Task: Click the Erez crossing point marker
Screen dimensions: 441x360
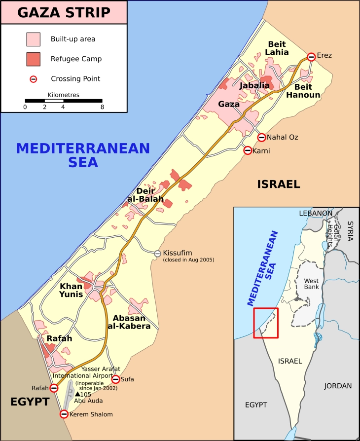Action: pos(311,57)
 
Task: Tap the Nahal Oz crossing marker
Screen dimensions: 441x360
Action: pos(261,137)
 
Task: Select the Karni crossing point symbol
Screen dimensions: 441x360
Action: pos(248,150)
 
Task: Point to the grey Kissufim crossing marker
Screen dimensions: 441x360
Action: pos(158,254)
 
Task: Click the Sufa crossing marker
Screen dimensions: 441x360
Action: pos(115,379)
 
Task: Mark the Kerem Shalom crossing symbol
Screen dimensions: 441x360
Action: pos(64,414)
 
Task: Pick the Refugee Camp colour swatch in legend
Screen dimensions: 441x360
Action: pos(34,59)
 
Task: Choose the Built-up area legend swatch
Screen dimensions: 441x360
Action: pos(34,38)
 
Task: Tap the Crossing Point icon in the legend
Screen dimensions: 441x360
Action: pos(34,78)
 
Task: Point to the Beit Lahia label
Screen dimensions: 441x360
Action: pos(277,48)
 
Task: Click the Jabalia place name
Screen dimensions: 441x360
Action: pos(254,85)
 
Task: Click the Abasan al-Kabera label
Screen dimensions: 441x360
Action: pos(129,322)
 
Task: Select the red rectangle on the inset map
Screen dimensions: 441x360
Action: pos(266,323)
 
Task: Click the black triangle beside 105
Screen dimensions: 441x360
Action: pos(77,394)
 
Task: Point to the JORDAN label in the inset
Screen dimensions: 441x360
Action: pos(338,386)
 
